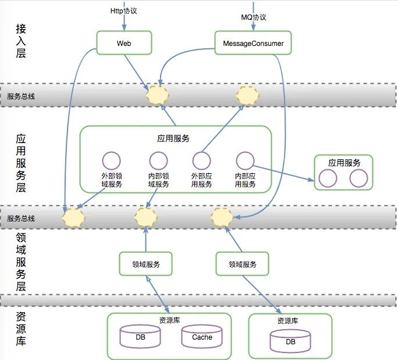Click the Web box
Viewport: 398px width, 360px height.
click(124, 43)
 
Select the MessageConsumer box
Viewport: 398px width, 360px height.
click(253, 43)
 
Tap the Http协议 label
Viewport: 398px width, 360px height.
click(124, 11)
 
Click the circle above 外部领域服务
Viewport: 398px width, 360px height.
click(111, 161)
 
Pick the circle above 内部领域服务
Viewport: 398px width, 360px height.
click(158, 161)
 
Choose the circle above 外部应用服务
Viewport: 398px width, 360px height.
click(201, 161)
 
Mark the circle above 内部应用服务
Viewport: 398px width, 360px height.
click(245, 160)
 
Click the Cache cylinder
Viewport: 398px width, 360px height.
click(202, 337)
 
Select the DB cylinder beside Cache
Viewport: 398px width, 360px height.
click(140, 337)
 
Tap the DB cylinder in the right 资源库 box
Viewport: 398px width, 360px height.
click(290, 342)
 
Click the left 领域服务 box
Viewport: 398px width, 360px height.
click(146, 264)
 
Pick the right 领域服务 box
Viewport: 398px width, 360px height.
click(242, 264)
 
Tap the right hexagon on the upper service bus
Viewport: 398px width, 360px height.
click(247, 95)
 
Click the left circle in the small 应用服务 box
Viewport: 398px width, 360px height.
click(328, 178)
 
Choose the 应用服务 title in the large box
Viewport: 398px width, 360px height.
click(173, 139)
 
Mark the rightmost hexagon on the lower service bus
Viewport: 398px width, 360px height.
click(222, 217)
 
